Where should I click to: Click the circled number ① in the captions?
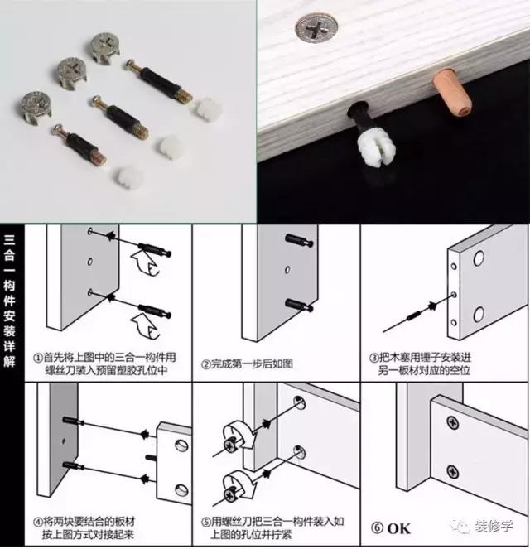pyautogui.click(x=38, y=358)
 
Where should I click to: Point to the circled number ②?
pyautogui.click(x=204, y=364)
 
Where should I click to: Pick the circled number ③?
pyautogui.click(x=374, y=358)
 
